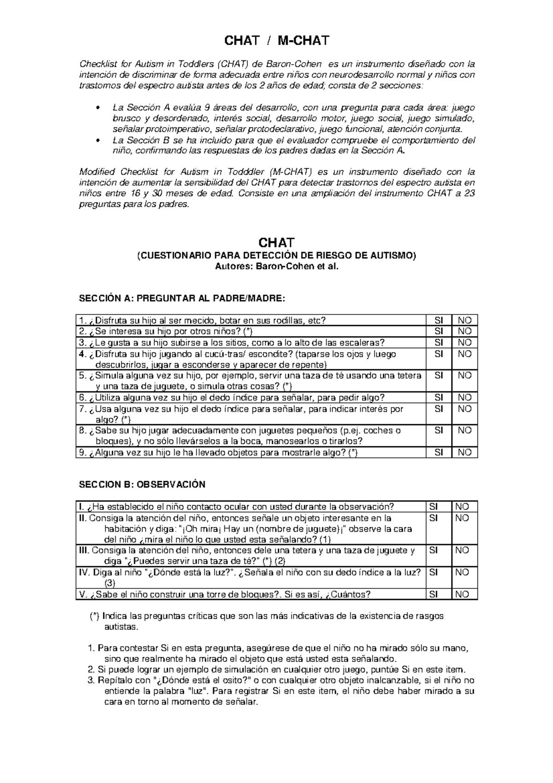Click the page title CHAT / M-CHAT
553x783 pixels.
(x=276, y=41)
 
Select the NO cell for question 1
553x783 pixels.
(x=465, y=320)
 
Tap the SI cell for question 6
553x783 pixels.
(x=439, y=397)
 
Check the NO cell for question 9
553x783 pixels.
(x=465, y=453)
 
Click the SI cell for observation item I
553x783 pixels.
(x=434, y=507)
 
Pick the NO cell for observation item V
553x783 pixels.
(x=462, y=594)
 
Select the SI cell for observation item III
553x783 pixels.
(x=434, y=550)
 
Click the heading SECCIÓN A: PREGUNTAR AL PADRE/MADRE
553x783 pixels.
(x=182, y=299)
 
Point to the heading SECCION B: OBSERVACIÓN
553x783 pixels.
(x=142, y=485)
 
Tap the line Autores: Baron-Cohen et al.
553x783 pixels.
(x=276, y=267)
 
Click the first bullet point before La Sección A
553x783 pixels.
(x=97, y=108)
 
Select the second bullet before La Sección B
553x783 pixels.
(x=97, y=141)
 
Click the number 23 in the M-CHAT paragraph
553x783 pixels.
(x=470, y=194)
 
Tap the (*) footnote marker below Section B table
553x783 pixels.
(x=94, y=617)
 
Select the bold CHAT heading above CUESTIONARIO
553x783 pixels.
(x=276, y=243)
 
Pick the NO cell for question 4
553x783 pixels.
(x=465, y=354)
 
